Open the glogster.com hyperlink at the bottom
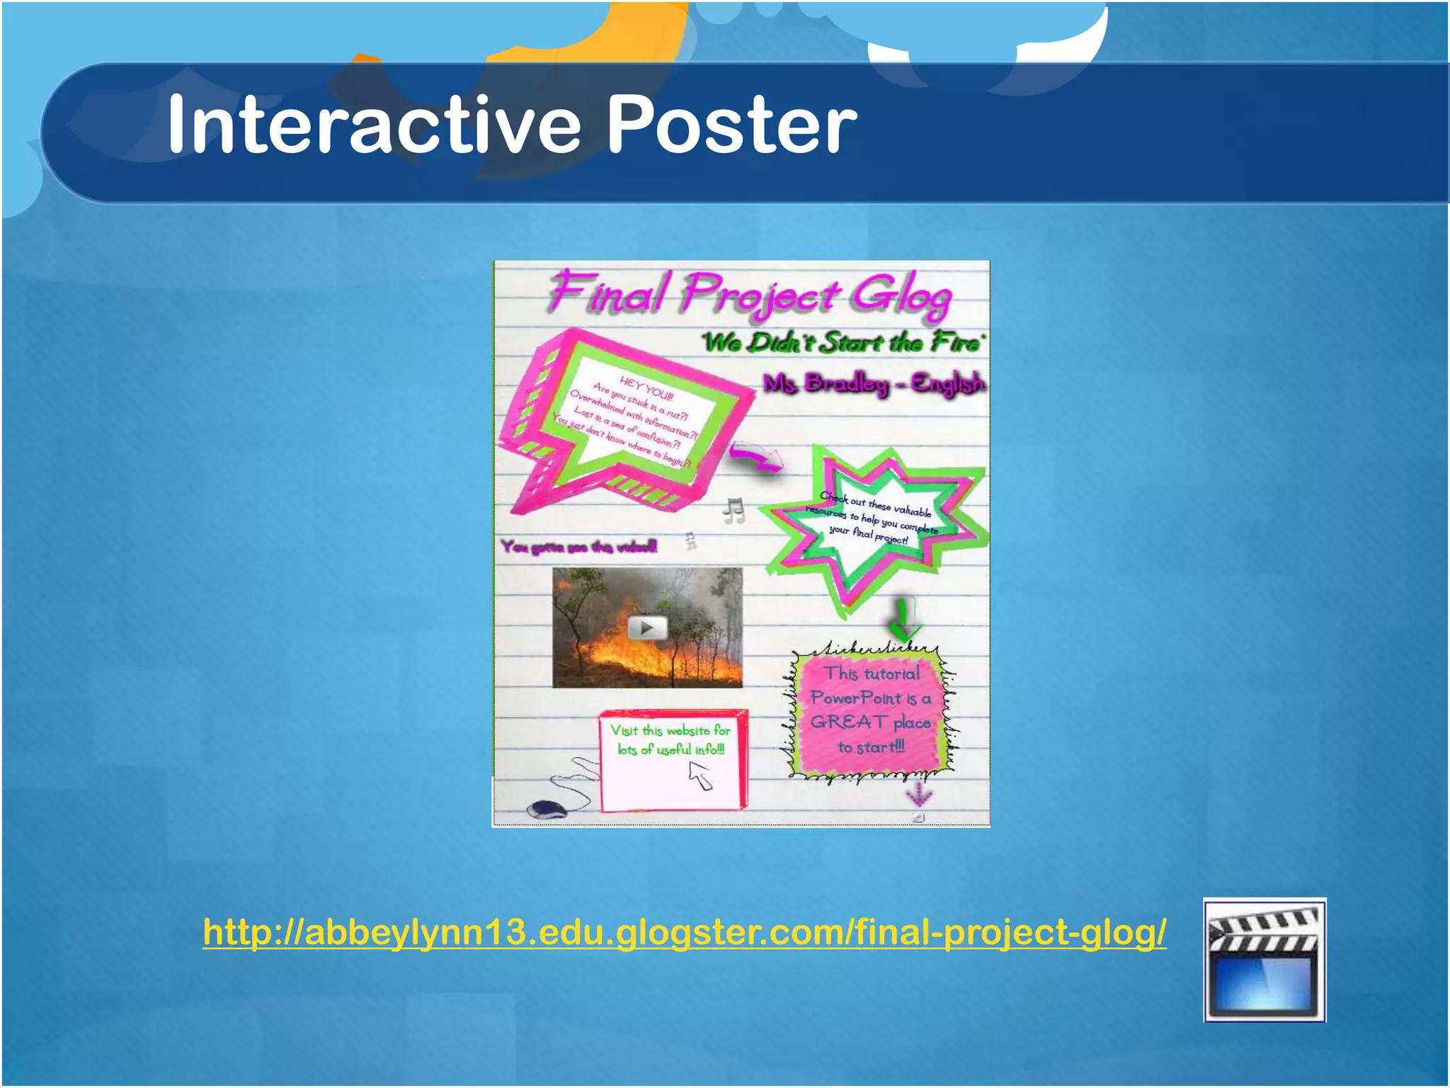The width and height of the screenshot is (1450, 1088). [x=684, y=932]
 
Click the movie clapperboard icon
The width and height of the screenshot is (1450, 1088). [x=1264, y=960]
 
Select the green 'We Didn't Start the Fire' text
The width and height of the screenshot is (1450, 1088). [x=843, y=343]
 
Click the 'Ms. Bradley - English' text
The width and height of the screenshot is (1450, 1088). [x=874, y=383]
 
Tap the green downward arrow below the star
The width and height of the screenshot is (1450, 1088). [x=903, y=618]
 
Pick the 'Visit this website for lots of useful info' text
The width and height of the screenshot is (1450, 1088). [x=670, y=739]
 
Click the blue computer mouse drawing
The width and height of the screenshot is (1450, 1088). [x=547, y=809]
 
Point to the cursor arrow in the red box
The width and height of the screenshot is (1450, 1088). [x=701, y=776]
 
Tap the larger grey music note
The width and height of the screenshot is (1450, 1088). [x=734, y=510]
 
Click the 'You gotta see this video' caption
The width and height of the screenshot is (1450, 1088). [x=579, y=546]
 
